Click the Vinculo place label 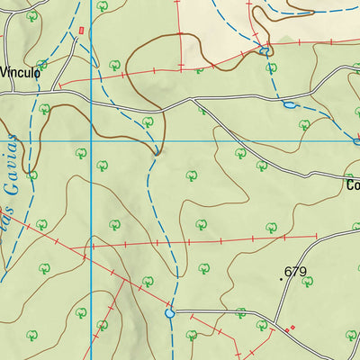[20, 73]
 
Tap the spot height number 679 [295, 271]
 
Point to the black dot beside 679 [281, 279]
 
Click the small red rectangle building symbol [82, 31]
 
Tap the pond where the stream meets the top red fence [265, 51]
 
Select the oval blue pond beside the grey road [288, 105]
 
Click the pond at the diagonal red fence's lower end [169, 314]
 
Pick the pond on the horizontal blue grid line [356, 140]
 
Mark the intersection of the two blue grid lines [91, 140]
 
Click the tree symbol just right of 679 [308, 282]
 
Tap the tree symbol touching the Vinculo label [41, 65]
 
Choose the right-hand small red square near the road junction [292, 327]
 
